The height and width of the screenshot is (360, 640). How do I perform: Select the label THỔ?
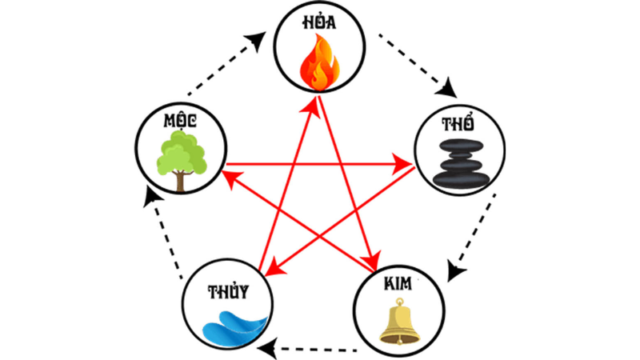(x=458, y=125)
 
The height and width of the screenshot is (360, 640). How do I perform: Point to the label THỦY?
(x=227, y=290)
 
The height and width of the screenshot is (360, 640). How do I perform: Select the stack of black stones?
(x=459, y=163)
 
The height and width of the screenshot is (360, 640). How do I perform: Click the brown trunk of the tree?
(x=182, y=182)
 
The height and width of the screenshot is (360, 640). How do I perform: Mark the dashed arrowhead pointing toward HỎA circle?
(x=261, y=40)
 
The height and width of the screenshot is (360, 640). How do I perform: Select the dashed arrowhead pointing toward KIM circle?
(x=453, y=272)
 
